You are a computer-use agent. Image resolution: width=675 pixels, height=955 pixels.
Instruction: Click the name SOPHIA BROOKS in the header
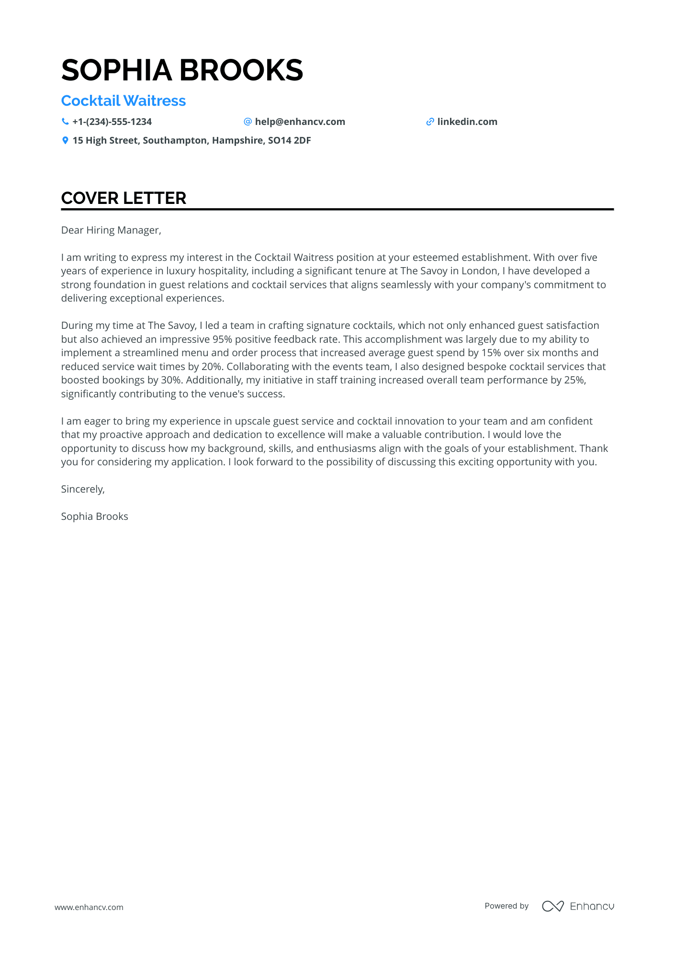[x=182, y=70]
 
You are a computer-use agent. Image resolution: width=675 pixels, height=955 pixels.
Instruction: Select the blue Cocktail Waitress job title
[x=124, y=101]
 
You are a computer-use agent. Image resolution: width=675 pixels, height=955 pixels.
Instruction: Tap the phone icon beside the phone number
[x=65, y=122]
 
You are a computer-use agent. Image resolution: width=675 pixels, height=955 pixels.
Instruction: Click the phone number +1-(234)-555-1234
[x=112, y=122]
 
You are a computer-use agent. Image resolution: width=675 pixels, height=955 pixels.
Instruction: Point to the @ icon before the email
[x=247, y=122]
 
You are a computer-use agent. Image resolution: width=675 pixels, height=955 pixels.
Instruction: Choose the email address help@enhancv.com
[x=300, y=122]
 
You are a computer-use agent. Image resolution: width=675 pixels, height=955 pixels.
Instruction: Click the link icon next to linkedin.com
[x=430, y=122]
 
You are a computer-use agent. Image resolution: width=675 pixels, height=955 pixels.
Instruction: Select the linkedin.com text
[x=467, y=122]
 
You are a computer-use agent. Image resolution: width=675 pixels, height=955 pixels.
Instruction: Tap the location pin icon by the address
[x=65, y=140]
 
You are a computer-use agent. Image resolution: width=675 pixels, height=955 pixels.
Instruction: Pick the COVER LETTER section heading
[x=124, y=198]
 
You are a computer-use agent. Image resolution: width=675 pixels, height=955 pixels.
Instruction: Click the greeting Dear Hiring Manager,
[x=111, y=230]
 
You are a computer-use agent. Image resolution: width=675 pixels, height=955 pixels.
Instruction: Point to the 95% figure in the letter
[x=222, y=339]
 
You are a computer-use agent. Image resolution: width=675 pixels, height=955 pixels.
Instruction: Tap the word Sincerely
[x=82, y=489]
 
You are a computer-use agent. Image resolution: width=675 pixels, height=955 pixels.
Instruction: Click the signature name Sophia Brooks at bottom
[x=94, y=517]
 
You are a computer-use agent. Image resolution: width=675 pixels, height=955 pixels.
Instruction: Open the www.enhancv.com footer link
[x=89, y=907]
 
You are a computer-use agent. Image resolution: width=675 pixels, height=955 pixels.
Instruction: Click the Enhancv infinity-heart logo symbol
[x=552, y=906]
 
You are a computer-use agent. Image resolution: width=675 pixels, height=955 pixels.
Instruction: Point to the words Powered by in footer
[x=506, y=906]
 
